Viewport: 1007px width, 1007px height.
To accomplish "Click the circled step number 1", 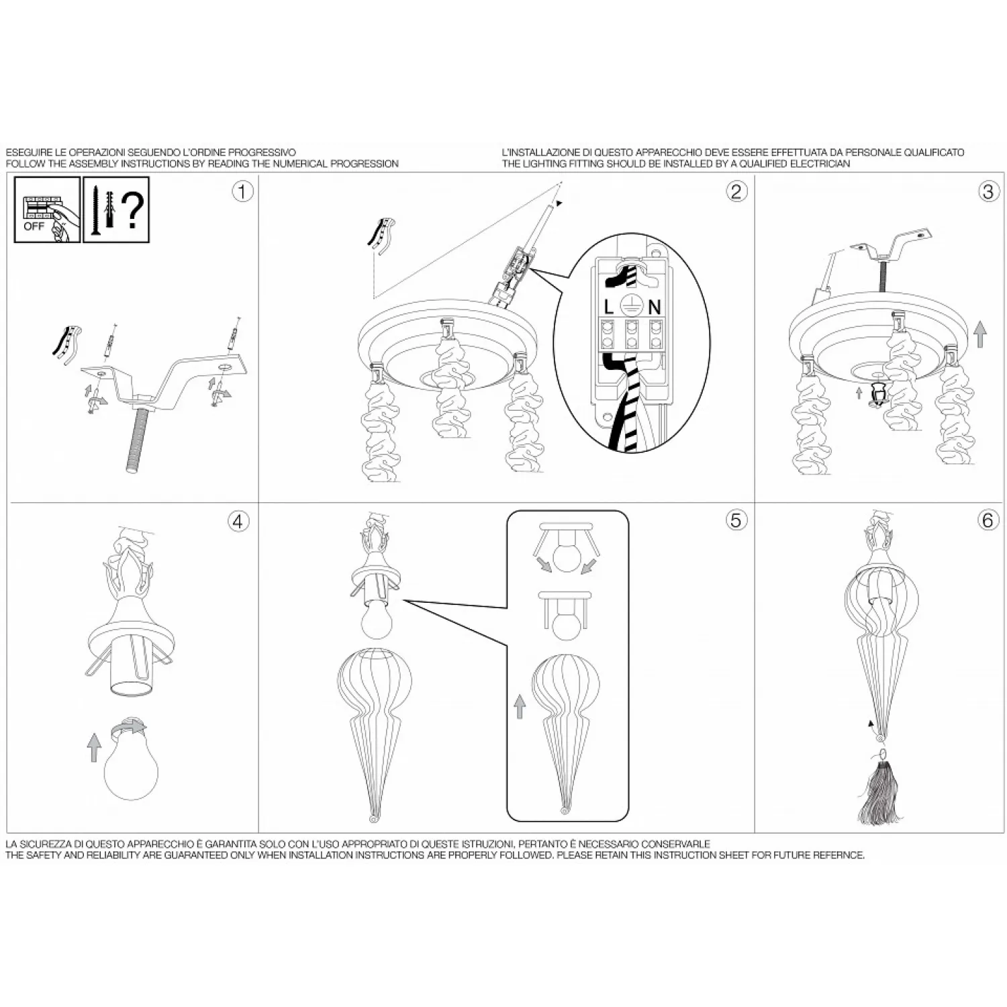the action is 242,191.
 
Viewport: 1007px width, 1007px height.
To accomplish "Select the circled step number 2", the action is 736,191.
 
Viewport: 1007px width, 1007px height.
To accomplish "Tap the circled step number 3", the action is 988,191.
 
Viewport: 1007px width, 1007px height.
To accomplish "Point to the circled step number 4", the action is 238,521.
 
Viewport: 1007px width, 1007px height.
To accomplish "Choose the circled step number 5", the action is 736,520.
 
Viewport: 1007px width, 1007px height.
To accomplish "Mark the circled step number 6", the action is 988,520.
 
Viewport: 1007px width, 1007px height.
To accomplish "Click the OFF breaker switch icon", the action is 47,209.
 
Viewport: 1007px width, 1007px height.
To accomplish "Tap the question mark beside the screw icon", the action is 134,209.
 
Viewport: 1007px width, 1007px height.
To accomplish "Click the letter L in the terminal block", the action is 609,307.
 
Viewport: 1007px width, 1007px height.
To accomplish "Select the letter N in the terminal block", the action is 654,307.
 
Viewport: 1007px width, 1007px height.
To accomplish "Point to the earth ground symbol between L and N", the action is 631,306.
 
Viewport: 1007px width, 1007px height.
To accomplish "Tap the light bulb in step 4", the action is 131,765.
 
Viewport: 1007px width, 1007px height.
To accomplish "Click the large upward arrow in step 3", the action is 981,334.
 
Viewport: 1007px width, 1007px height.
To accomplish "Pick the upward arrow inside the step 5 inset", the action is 519,706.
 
